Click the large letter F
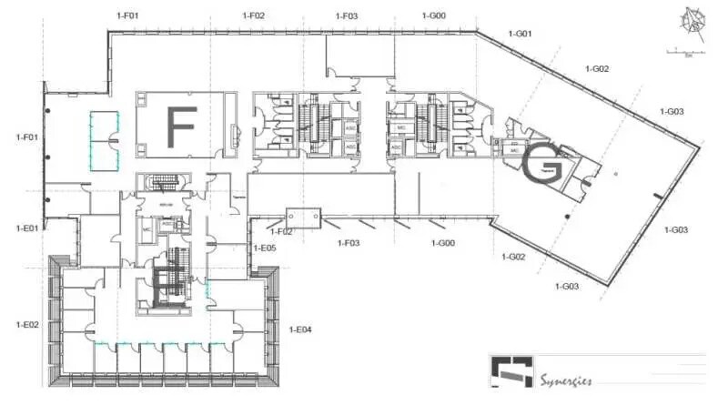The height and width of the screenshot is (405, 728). (x=182, y=127)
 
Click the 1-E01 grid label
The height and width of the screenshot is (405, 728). (x=26, y=228)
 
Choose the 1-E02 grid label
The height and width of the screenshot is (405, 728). (x=26, y=324)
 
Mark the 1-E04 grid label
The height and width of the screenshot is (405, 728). (x=300, y=329)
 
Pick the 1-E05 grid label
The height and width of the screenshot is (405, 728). (x=264, y=248)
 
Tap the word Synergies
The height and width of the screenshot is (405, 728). (x=567, y=380)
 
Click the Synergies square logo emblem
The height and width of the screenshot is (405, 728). (x=511, y=372)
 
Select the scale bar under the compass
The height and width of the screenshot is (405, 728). (x=681, y=51)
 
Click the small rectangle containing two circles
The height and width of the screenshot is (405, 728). (x=303, y=216)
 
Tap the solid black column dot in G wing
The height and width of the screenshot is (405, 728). (x=566, y=216)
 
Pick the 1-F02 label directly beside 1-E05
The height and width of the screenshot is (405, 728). (x=281, y=232)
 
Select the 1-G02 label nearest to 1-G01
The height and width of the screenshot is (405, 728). (x=597, y=69)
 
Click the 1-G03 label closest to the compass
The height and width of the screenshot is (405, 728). (x=672, y=112)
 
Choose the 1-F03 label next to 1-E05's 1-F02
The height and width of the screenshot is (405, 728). (x=349, y=243)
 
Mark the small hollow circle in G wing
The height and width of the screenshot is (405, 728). (x=616, y=173)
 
